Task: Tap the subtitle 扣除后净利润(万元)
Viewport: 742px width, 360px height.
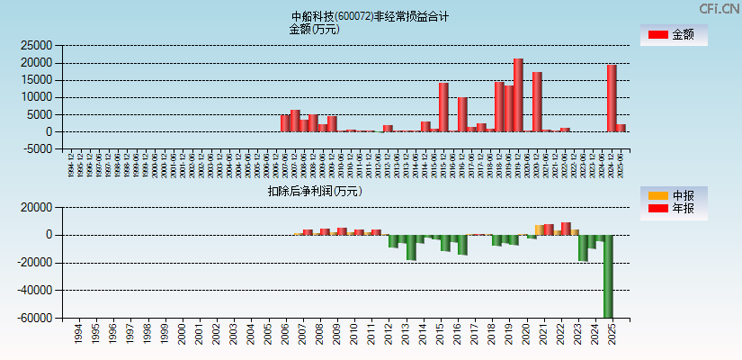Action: (314, 191)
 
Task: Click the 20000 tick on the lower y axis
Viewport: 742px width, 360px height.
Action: (33, 208)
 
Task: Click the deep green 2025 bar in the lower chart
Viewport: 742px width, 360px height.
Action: (608, 276)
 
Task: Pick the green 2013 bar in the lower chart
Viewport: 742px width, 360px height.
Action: (411, 247)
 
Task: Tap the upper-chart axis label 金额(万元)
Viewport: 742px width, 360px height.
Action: (314, 29)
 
